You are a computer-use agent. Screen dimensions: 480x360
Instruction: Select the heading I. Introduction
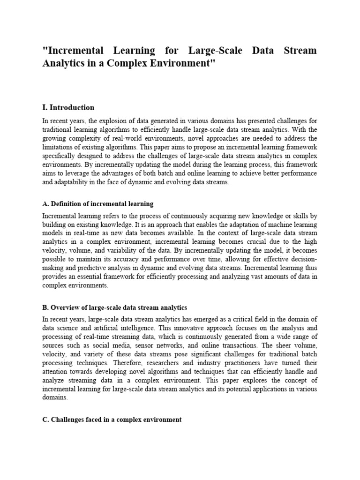(68, 107)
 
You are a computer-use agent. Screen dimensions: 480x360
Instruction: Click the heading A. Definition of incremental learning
(98, 204)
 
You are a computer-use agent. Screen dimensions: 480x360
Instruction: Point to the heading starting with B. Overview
(115, 307)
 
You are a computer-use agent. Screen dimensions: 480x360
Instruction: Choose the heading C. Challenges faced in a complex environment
(112, 420)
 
